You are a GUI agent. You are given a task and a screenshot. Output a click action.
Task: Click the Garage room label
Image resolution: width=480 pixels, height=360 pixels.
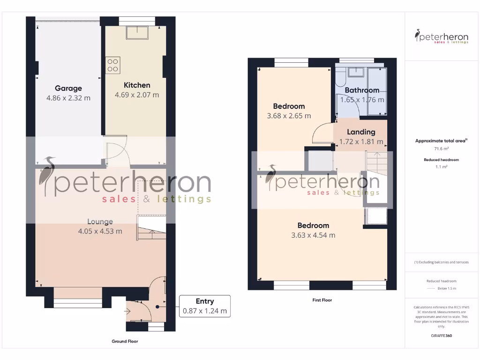[x=68, y=88]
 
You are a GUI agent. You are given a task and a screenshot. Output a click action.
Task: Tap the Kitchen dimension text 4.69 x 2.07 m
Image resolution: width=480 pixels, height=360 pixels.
[x=137, y=95]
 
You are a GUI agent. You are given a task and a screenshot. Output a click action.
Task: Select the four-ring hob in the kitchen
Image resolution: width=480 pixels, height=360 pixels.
[x=112, y=65]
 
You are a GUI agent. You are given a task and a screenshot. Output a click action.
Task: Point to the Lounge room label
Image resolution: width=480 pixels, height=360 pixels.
[x=100, y=221]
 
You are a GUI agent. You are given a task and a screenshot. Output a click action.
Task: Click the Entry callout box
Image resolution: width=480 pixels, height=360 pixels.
[x=204, y=306]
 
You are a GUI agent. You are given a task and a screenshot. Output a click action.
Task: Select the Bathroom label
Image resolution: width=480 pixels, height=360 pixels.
[x=362, y=90]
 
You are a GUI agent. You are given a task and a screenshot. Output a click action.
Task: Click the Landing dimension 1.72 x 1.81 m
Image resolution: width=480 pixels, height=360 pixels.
[x=361, y=142]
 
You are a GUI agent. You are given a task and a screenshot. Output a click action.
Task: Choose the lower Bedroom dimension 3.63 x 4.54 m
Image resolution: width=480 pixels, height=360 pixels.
[x=313, y=235]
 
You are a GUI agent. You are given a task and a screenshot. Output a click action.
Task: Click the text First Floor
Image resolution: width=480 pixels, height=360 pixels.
[x=322, y=300]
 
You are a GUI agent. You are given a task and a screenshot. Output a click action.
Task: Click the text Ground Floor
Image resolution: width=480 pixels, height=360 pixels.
[x=125, y=341]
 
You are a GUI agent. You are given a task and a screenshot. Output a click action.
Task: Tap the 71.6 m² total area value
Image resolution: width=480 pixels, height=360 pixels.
[x=442, y=149]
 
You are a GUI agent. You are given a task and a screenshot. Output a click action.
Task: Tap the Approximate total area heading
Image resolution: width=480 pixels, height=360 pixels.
[x=442, y=141]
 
